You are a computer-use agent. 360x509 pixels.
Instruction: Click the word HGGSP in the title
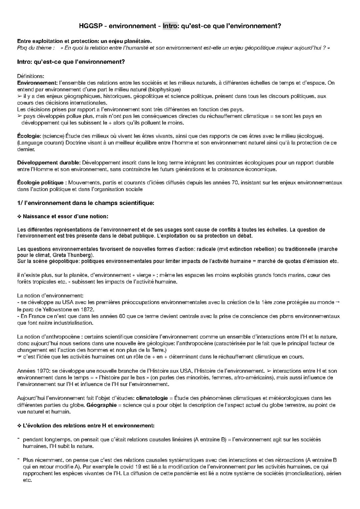click(89, 26)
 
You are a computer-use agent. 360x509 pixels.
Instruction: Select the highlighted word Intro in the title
click(170, 26)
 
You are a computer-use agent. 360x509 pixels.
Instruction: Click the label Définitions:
click(31, 76)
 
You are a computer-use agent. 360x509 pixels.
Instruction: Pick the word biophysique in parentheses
click(165, 89)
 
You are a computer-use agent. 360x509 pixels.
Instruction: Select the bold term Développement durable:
click(49, 163)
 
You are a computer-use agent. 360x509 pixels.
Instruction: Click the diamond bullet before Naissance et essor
click(19, 216)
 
